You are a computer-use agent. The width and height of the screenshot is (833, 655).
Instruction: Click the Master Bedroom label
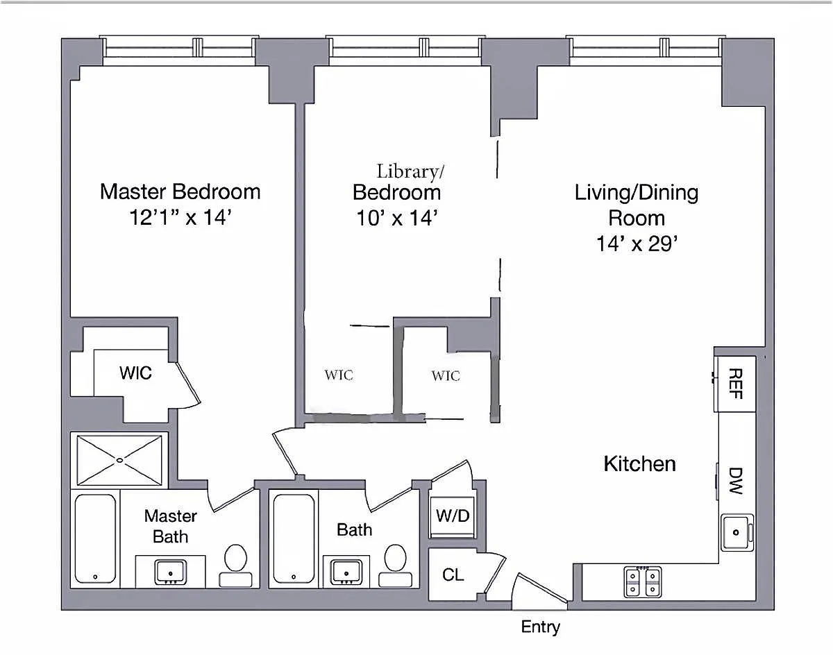click(180, 192)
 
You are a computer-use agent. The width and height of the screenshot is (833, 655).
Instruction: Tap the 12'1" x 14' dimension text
click(180, 217)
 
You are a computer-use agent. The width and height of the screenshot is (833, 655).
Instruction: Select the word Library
click(407, 172)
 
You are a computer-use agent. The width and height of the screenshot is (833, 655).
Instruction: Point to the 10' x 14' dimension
click(397, 218)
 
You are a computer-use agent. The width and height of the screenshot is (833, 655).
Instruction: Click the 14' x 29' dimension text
click(637, 244)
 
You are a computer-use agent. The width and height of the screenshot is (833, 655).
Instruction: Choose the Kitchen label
click(640, 464)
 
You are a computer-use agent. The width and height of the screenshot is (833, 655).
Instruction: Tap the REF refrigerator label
click(736, 384)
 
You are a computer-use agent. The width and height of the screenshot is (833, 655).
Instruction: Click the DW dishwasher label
click(736, 481)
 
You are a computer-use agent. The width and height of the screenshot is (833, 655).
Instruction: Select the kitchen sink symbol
click(737, 532)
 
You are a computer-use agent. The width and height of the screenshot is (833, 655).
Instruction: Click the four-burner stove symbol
click(643, 582)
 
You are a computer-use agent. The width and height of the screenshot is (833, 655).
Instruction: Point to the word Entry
click(540, 627)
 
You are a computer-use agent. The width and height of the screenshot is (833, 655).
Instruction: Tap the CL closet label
click(453, 575)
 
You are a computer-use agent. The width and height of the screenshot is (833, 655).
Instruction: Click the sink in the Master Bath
click(171, 572)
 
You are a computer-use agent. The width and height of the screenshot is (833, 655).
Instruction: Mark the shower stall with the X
click(119, 460)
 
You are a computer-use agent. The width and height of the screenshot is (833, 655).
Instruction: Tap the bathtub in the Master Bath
click(95, 538)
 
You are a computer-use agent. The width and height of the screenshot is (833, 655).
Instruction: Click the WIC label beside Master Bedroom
click(135, 373)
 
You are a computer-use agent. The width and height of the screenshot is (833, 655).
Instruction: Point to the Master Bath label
click(171, 526)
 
